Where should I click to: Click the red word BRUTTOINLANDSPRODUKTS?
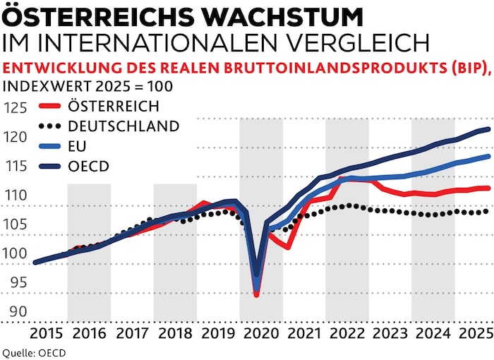coord(396,69)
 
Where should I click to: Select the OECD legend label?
coord(88,167)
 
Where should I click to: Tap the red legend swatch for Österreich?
coord(49,107)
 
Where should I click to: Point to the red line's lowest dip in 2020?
coord(257,294)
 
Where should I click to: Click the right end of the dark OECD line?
coord(489,129)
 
